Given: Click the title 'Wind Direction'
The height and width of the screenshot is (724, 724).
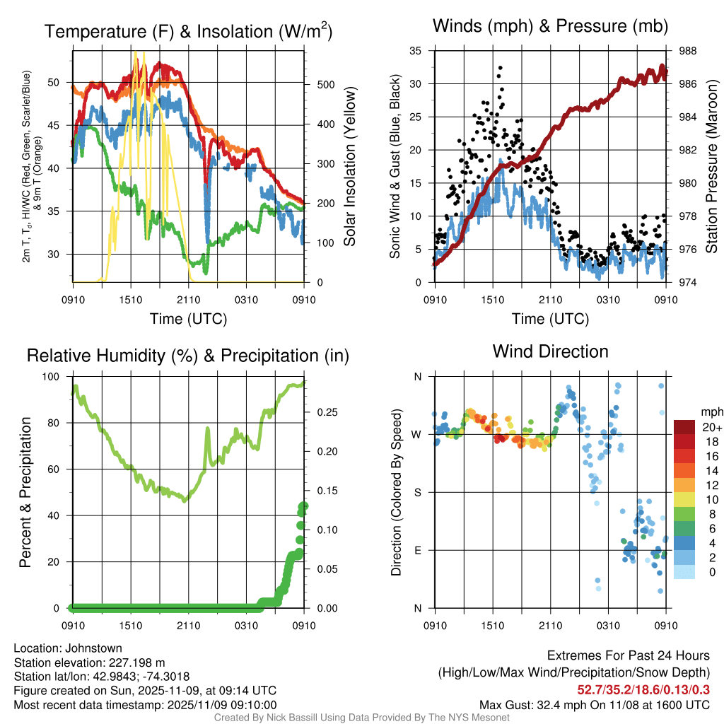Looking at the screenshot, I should click(550, 351).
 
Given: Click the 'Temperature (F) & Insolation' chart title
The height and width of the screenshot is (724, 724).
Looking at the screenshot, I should click(188, 32).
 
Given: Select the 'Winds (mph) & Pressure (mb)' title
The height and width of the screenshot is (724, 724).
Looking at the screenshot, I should click(550, 27).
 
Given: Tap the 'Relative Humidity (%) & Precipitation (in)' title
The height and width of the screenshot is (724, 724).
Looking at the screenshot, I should click(188, 356).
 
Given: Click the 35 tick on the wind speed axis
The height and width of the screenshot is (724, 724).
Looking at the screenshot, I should click(416, 51).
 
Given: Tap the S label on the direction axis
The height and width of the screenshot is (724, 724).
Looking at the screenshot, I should click(417, 492).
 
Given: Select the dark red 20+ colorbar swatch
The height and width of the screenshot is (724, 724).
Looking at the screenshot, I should click(684, 427).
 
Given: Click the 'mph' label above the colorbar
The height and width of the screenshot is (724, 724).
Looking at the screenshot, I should click(710, 411).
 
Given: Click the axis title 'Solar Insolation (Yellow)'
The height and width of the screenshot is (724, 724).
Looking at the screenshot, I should click(349, 167).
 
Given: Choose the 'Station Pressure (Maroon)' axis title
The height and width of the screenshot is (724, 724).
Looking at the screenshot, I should click(711, 167).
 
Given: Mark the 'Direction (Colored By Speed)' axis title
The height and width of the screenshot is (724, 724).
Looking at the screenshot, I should click(396, 492).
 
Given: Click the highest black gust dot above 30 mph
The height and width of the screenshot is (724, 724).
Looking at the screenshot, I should click(499, 68).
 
